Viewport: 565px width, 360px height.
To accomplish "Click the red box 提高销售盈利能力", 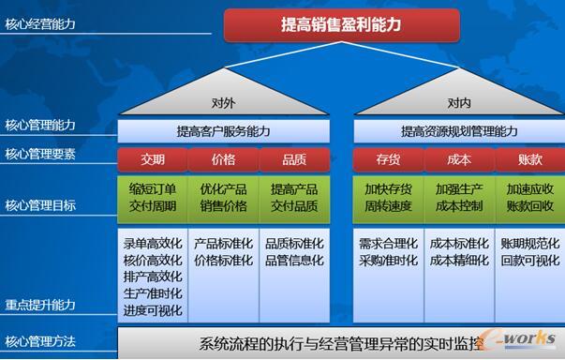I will tap(342, 25).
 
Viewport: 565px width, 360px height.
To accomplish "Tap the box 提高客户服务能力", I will tap(224, 131).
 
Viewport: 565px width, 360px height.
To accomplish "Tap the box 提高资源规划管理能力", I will tap(458, 131).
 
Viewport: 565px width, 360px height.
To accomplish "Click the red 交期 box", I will tap(152, 159).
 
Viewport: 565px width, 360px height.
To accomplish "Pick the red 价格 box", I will tap(223, 159).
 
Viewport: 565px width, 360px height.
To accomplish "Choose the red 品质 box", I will tap(294, 159).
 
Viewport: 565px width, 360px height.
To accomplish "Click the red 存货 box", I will tap(388, 159).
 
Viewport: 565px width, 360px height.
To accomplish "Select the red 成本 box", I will tap(459, 159).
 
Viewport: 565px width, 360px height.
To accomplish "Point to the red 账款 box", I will tap(529, 159).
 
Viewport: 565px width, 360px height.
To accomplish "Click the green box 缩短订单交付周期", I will tap(152, 197).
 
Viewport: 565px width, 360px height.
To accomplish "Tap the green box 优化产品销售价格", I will tap(223, 197).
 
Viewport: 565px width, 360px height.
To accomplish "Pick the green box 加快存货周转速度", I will tap(388, 197).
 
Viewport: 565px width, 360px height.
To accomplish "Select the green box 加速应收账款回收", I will tap(529, 197).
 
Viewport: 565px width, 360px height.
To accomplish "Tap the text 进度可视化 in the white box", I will tap(153, 310).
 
